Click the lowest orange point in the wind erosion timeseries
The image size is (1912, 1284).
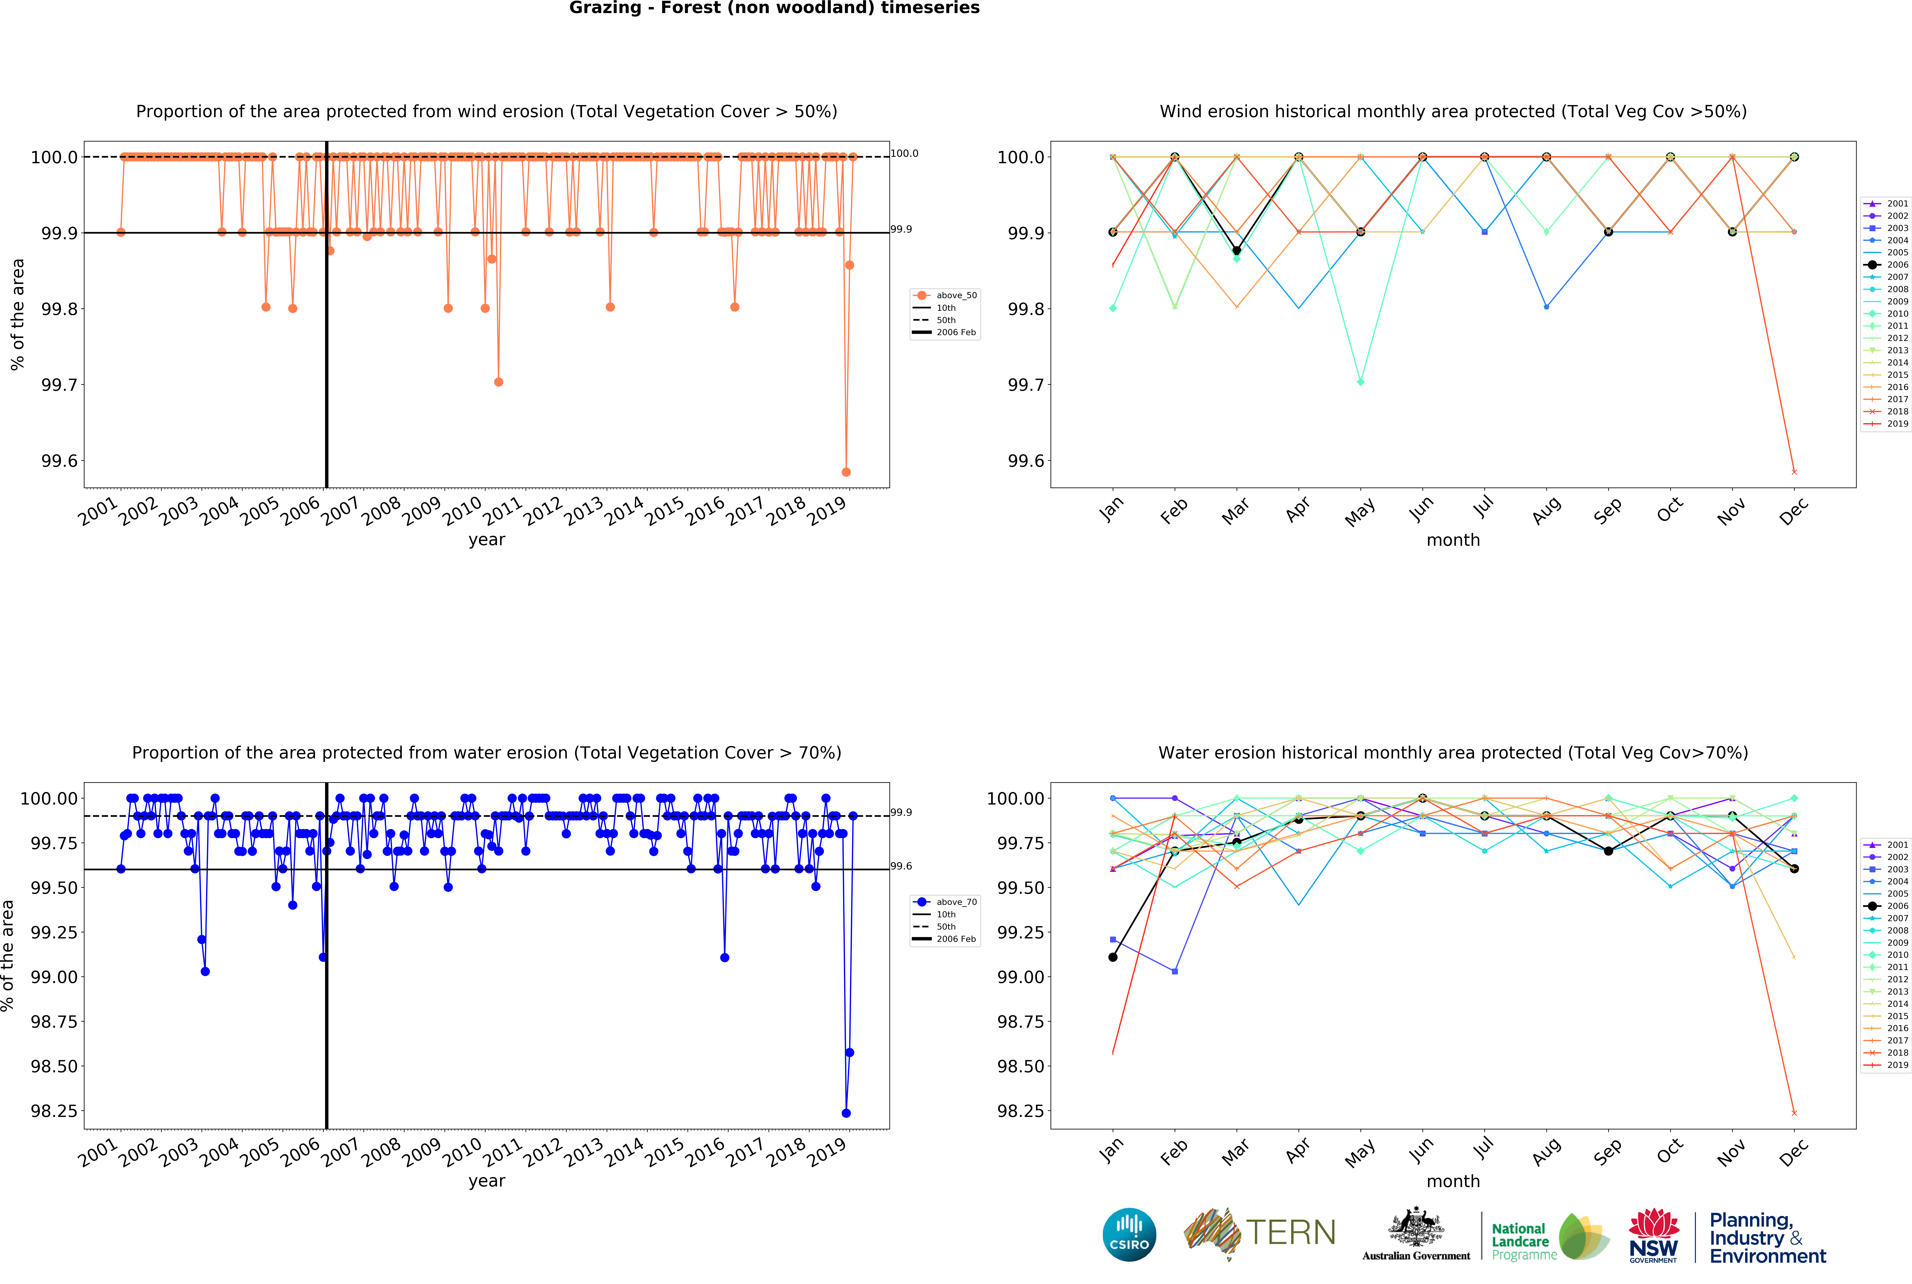point(846,472)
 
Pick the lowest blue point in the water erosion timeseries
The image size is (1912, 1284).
point(846,1113)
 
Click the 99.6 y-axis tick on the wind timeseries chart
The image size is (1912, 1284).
point(60,461)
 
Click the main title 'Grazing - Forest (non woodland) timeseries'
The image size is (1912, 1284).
point(774,8)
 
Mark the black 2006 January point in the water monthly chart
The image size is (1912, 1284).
point(1112,957)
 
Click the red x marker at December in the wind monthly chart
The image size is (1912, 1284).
point(1794,472)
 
